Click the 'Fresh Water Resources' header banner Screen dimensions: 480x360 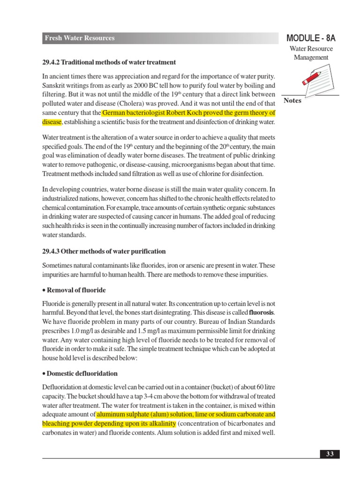80,38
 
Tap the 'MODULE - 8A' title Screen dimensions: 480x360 311,38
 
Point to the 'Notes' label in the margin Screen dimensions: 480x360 293,101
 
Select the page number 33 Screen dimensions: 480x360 330,454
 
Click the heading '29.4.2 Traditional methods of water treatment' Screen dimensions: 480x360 109,62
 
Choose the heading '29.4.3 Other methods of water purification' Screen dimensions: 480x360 104,251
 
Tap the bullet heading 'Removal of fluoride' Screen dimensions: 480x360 75,290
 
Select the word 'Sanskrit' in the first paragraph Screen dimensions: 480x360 55,86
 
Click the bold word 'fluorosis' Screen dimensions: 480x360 261,312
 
